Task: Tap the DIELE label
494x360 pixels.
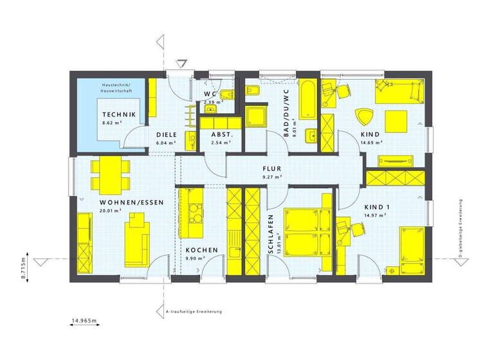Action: (166, 134)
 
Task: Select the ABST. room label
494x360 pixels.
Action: (221, 134)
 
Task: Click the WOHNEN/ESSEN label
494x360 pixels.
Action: (131, 202)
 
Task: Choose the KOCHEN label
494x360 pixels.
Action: (202, 249)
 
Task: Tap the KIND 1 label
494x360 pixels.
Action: (378, 207)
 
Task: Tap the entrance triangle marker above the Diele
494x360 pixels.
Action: (182, 63)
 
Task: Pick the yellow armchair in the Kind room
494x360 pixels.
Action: (364, 117)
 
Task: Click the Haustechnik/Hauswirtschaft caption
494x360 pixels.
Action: (116, 88)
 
